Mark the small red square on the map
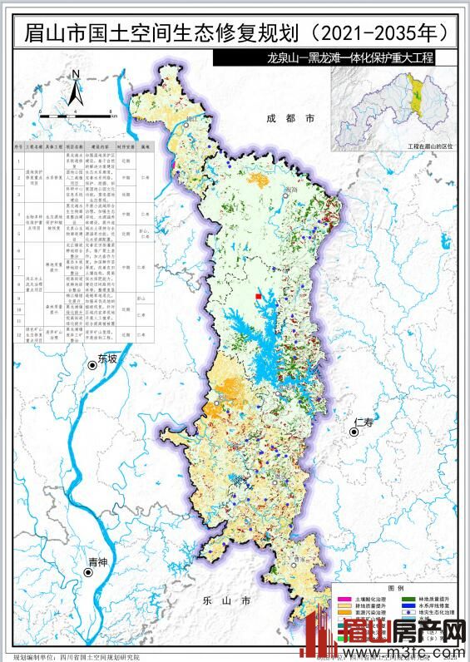[x=259, y=296]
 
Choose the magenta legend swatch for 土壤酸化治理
[x=343, y=599]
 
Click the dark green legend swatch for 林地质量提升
[x=410, y=599]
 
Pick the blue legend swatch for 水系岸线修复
[x=410, y=607]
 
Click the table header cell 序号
[x=19, y=144]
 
